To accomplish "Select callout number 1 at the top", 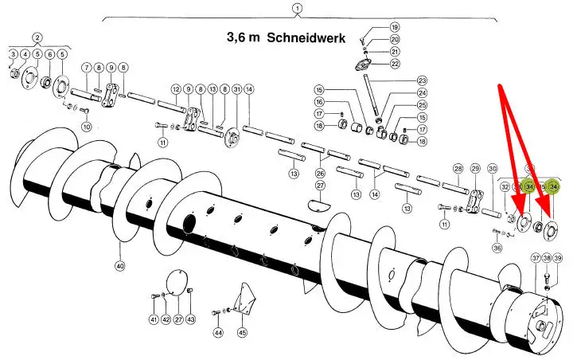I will point(296,9).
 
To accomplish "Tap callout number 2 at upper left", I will point(37,37).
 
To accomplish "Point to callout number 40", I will point(121,266).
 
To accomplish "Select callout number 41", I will point(154,320).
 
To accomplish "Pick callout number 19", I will point(395,27).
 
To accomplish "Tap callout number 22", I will point(395,63).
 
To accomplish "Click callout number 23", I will point(422,80).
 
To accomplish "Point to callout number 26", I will point(320,173).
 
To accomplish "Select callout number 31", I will point(236,89).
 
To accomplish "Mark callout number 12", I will point(176,89).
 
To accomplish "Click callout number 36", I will point(497,248).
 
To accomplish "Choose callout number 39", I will point(558,258).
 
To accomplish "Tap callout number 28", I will point(458,169).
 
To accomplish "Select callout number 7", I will point(86,67).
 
